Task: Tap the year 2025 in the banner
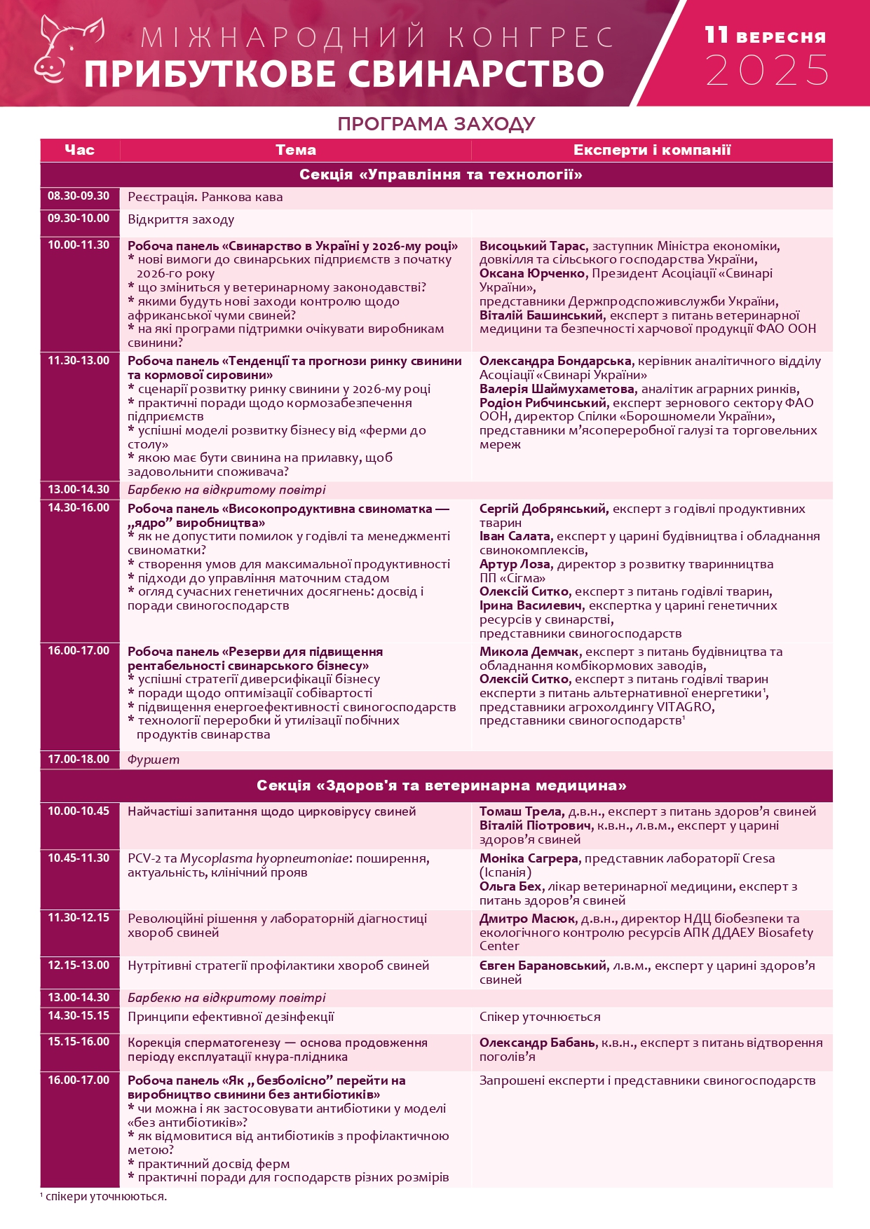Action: [767, 70]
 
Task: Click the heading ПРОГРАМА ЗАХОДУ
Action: [436, 124]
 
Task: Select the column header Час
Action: [79, 150]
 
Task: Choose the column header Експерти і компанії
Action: [652, 150]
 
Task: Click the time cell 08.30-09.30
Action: [79, 196]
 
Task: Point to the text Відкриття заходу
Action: [181, 220]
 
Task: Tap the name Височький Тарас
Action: [532, 246]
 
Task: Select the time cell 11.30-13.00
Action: [79, 361]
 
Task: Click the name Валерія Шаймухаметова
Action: [557, 389]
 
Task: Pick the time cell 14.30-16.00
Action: [79, 508]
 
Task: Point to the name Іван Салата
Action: [514, 536]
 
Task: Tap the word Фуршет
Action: [154, 760]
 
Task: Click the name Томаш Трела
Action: [521, 811]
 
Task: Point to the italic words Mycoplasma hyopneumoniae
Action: [265, 858]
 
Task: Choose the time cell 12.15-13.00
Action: [79, 966]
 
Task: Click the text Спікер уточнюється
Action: [540, 1017]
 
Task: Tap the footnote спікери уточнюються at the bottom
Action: [105, 1196]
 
